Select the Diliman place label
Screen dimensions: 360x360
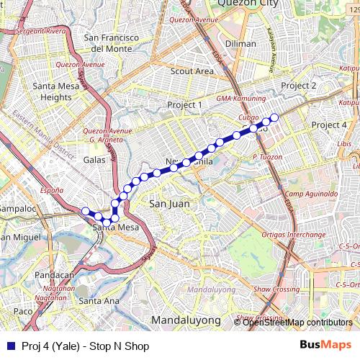240,44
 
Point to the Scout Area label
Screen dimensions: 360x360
192,71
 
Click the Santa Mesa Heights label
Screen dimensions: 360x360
52,91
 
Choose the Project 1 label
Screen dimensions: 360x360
185,105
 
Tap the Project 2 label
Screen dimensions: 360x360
299,86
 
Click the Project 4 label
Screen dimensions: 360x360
329,125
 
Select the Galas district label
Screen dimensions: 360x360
94,160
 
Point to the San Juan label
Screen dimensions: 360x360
168,204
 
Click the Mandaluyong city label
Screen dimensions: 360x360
186,319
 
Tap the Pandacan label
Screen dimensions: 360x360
55,275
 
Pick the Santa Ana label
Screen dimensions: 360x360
99,300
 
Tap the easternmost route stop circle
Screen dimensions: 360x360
274,117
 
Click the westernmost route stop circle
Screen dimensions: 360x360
86,210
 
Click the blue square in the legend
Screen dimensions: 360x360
10,346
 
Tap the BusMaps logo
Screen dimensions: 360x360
326,346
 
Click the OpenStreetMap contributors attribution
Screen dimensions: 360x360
297,323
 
